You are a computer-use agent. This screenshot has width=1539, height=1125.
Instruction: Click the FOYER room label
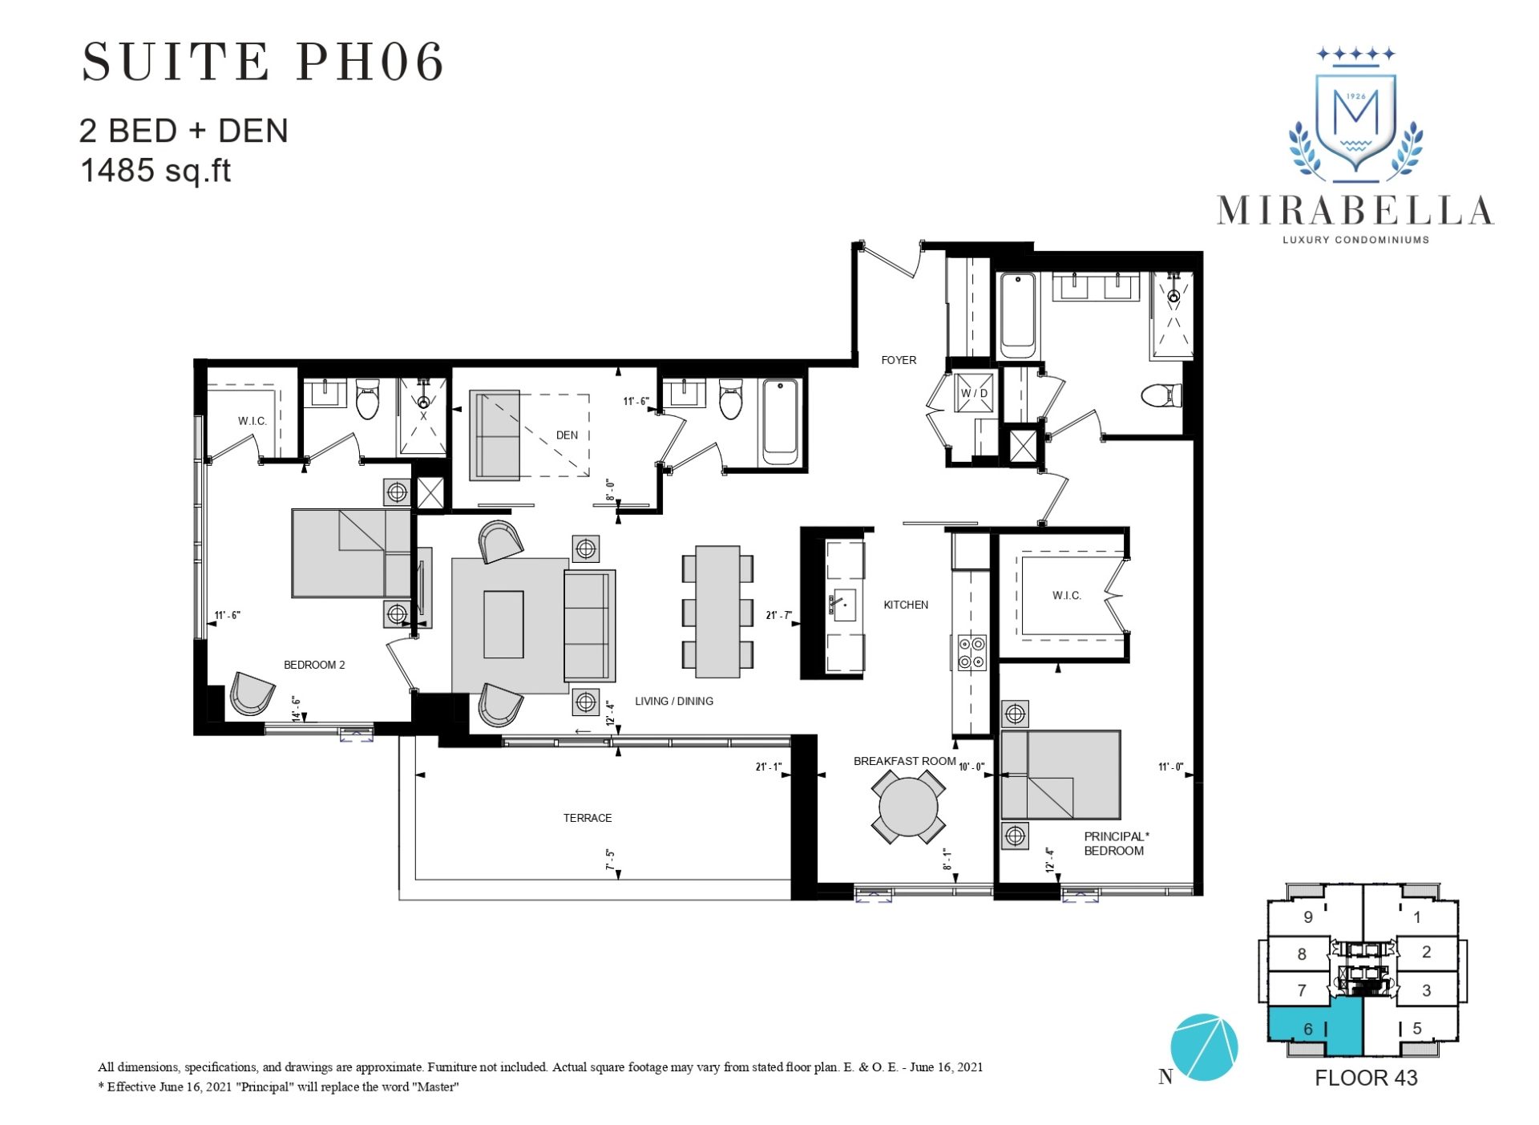pyautogui.click(x=898, y=360)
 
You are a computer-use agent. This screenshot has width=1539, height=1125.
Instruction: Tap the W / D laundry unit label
pyautogui.click(x=974, y=393)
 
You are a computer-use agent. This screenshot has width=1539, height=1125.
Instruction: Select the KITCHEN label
pyautogui.click(x=905, y=605)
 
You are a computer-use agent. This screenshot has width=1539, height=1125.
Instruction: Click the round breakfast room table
pyautogui.click(x=907, y=806)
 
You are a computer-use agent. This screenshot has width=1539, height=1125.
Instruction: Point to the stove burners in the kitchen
pyautogui.click(x=971, y=653)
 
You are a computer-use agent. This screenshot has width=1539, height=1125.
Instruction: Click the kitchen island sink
pyautogui.click(x=844, y=603)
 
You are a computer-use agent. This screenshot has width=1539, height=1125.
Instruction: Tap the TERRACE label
pyautogui.click(x=587, y=818)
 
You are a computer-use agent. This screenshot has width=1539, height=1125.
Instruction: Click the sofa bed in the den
pyautogui.click(x=495, y=435)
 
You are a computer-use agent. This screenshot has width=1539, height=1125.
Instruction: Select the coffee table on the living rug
pyautogui.click(x=503, y=625)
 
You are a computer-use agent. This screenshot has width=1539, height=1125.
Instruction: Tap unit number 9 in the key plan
pyautogui.click(x=1307, y=917)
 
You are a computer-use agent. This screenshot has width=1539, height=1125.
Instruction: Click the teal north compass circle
pyautogui.click(x=1203, y=1047)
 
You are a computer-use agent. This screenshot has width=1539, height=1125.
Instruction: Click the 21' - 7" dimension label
pyautogui.click(x=778, y=615)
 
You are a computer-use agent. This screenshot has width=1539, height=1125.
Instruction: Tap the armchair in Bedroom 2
pyautogui.click(x=252, y=693)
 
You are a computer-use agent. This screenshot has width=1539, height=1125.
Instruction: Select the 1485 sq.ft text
pyautogui.click(x=156, y=170)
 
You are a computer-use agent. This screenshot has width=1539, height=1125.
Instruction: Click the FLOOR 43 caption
pyautogui.click(x=1365, y=1078)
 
